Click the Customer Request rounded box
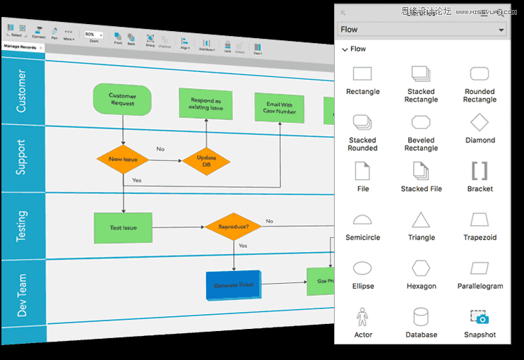click(122, 100)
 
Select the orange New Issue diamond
click(123, 160)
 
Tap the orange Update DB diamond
click(206, 162)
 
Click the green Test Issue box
click(123, 227)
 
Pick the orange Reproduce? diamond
click(232, 227)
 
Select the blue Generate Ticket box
click(233, 285)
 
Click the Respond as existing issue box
click(206, 104)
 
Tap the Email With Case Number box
click(280, 108)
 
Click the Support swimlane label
click(21, 157)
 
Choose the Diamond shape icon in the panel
click(480, 121)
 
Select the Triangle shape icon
click(421, 220)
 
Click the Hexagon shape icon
click(421, 268)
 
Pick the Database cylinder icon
click(421, 316)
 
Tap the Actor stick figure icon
click(362, 316)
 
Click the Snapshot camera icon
click(480, 317)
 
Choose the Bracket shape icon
click(480, 171)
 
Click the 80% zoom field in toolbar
click(93, 34)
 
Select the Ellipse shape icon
click(362, 268)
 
